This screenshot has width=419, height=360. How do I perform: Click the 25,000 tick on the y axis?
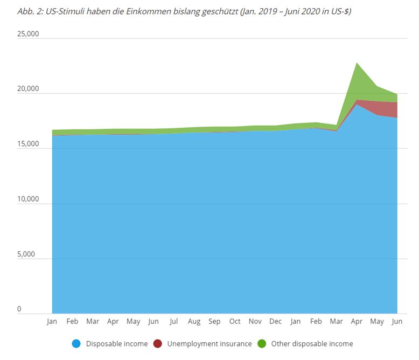(x=28, y=34)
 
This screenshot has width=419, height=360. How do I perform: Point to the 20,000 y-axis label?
(x=28, y=89)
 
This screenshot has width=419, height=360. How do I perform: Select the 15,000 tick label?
(x=28, y=144)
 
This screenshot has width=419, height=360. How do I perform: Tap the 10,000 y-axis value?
(x=28, y=199)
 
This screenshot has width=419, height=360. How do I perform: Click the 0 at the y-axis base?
(x=19, y=309)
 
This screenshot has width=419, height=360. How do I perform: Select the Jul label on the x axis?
(x=173, y=322)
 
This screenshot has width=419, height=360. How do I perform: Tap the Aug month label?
(x=194, y=322)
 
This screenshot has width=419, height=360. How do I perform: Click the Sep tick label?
(x=214, y=322)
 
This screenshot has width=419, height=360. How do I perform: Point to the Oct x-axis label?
(x=235, y=322)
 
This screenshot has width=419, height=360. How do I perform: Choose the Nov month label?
(x=255, y=322)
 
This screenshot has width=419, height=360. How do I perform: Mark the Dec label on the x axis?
(x=275, y=322)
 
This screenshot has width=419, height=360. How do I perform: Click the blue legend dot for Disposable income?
(x=76, y=343)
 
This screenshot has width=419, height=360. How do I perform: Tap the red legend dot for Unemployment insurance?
(x=157, y=343)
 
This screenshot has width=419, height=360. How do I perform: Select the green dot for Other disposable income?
(x=261, y=343)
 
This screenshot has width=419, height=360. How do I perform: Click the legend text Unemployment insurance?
(x=210, y=343)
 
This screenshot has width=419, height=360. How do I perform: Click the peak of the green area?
(x=357, y=63)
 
